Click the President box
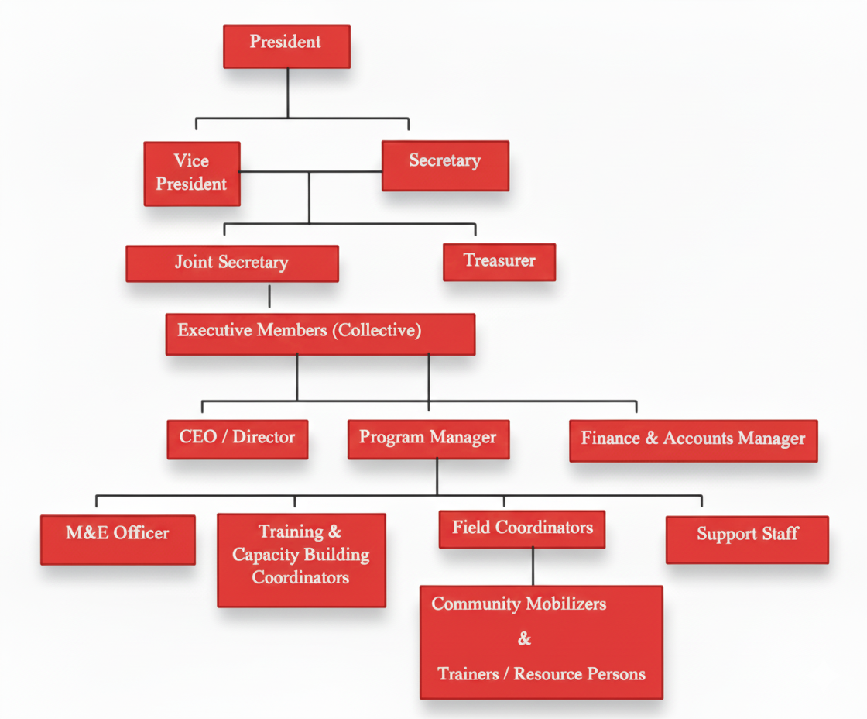tap(286, 46)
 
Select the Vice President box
tap(192, 174)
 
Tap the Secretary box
tap(445, 165)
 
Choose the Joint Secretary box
tap(232, 263)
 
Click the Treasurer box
tap(499, 262)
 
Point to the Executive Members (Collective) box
tap(320, 334)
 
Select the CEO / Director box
tap(238, 439)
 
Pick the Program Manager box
tap(428, 439)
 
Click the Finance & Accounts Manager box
tap(693, 440)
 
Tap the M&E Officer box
tap(118, 539)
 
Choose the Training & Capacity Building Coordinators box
tap(301, 559)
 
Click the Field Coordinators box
tap(522, 530)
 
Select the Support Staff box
tap(747, 539)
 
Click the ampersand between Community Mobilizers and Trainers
tap(525, 639)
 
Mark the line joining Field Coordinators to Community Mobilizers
tap(533, 566)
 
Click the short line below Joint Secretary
tap(269, 297)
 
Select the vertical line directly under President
tap(288, 92)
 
